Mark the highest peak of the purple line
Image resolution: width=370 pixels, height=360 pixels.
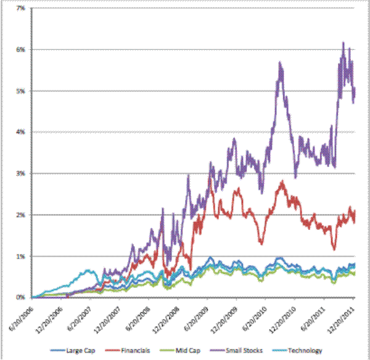(x=343, y=43)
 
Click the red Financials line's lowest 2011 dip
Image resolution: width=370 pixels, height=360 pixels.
(x=334, y=249)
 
